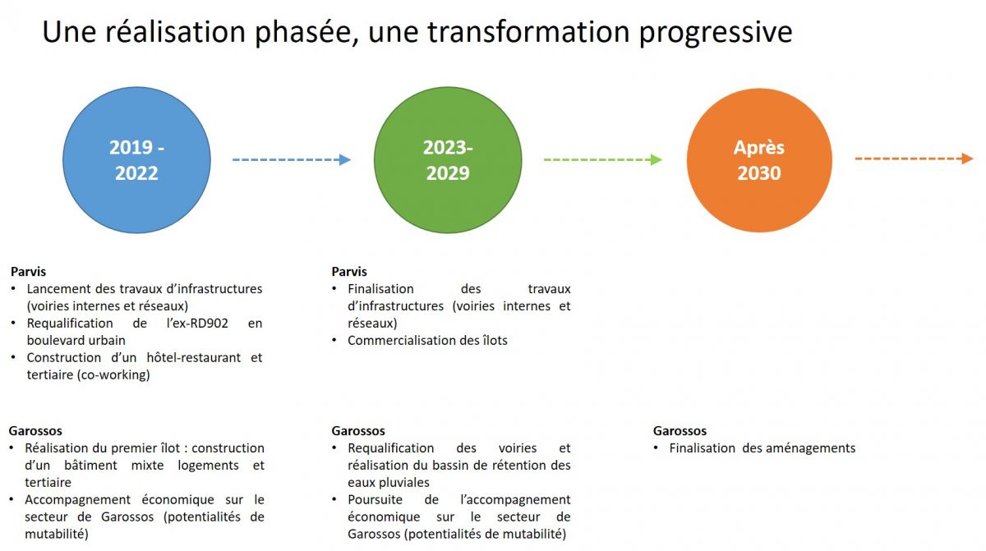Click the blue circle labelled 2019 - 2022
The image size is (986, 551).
(136, 160)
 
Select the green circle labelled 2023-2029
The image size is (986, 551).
(448, 160)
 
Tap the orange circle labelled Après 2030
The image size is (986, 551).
(759, 160)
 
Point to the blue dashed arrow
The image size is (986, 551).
(292, 159)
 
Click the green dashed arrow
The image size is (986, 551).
(603, 159)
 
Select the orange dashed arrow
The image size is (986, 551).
(915, 158)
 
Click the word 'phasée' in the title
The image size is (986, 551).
(306, 33)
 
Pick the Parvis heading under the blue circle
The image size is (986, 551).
(28, 271)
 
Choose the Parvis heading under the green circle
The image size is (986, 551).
(349, 271)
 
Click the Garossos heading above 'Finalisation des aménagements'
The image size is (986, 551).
(680, 430)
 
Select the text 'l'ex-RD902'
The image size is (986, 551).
(198, 324)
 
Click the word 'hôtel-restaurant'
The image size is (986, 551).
(194, 357)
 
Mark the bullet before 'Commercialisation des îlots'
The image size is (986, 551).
(334, 340)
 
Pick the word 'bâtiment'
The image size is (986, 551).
(90, 466)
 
